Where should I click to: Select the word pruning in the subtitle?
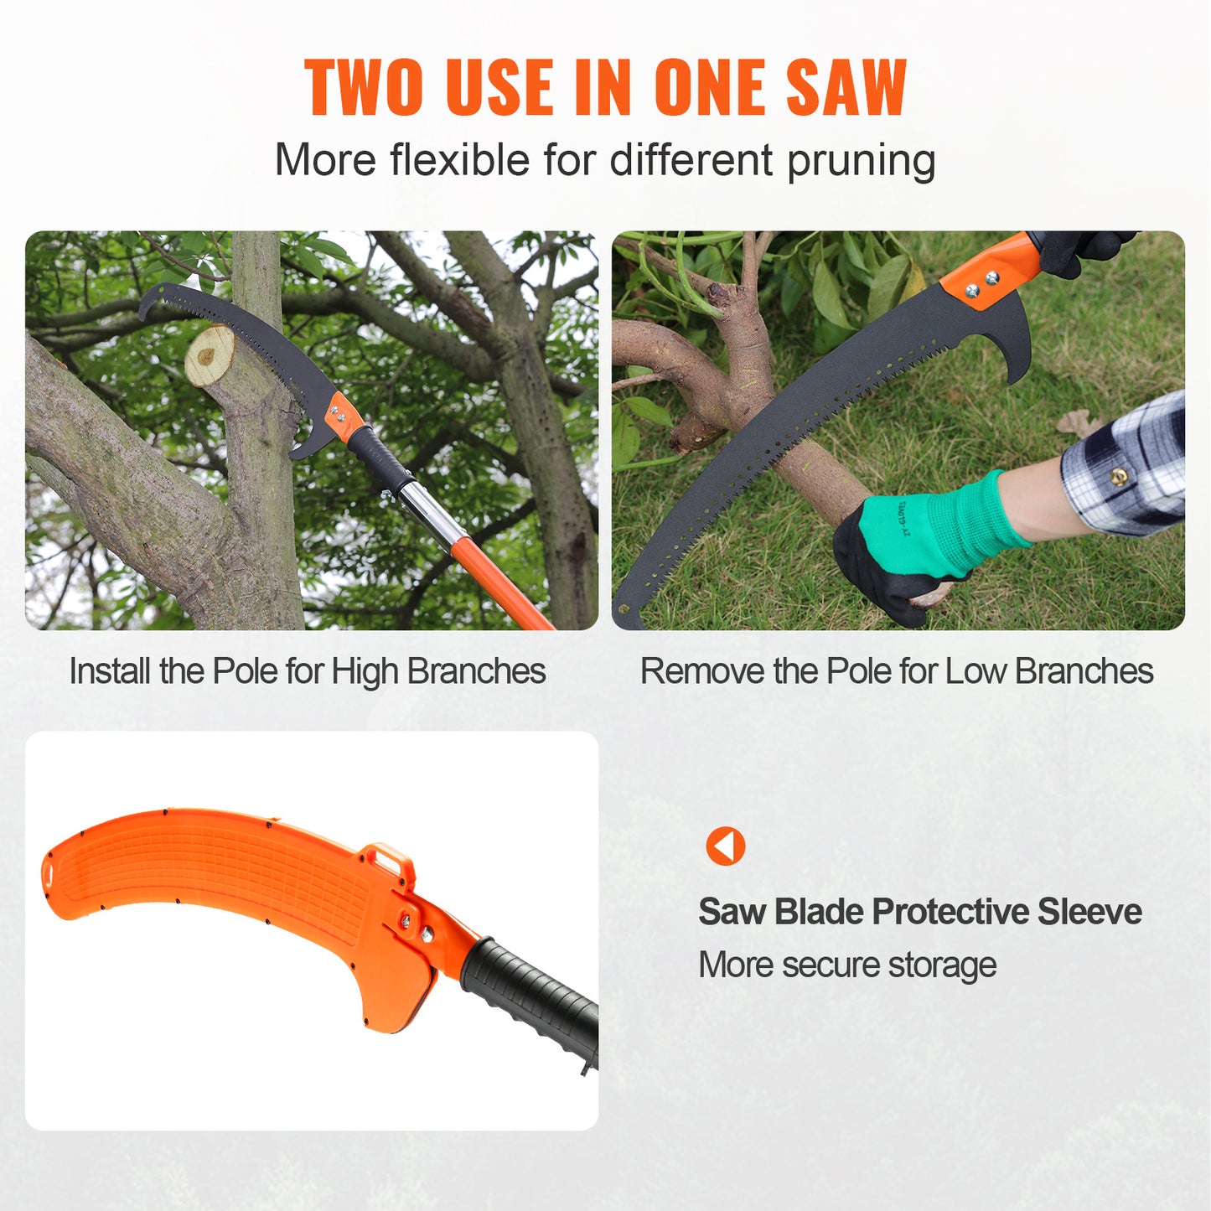coord(861,161)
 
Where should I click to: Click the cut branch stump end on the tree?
coord(210,355)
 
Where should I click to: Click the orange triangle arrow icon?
coord(726,846)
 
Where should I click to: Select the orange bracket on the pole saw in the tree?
coord(341,415)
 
